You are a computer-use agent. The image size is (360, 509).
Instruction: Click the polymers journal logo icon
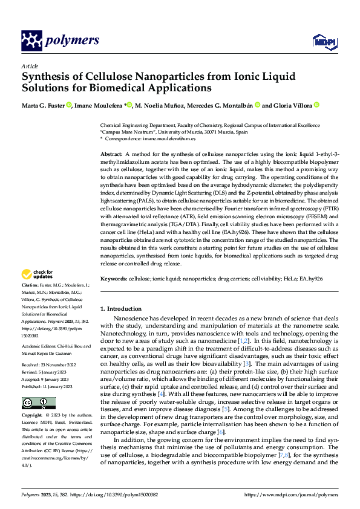31,41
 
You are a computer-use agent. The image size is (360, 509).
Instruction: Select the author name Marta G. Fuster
44,105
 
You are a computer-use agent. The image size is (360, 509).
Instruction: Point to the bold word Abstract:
113,155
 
